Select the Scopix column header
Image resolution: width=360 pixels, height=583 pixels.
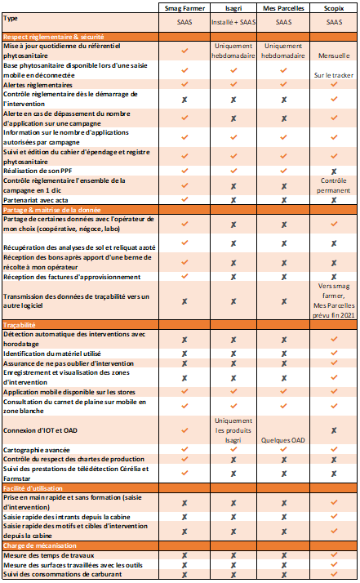333,9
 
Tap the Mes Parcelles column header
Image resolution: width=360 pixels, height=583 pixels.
283,9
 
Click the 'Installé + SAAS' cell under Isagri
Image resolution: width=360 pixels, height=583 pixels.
234,24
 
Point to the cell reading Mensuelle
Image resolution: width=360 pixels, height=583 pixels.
333,55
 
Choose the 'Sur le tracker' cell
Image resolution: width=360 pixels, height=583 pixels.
333,74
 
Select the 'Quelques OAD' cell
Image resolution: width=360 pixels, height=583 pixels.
283,438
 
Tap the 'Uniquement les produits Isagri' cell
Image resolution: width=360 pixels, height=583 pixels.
234,430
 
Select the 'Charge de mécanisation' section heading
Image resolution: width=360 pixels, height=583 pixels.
41,545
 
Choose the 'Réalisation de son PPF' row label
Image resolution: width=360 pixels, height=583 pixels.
40,170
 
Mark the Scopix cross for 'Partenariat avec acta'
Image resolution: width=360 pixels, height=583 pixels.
333,198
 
